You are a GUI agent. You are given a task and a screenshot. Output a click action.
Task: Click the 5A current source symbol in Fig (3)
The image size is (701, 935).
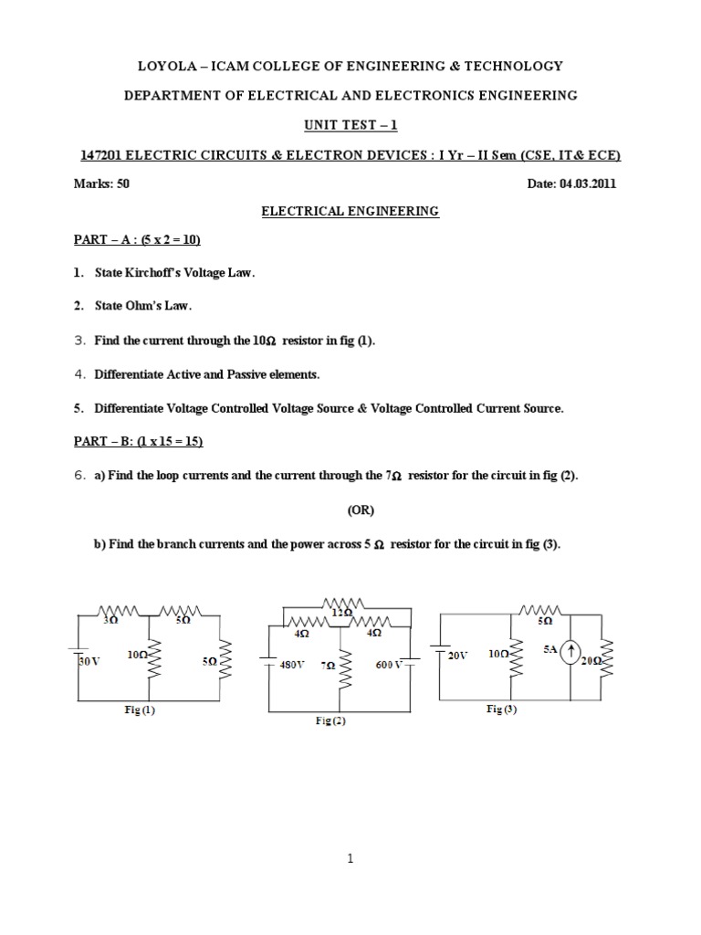(x=570, y=652)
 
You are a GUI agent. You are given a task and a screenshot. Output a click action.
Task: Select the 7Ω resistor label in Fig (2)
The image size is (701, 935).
(x=327, y=666)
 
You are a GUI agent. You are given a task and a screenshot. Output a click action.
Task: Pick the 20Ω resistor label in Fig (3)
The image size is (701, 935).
(x=591, y=660)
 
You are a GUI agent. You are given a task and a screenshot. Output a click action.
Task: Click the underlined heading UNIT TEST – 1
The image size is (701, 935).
(x=350, y=124)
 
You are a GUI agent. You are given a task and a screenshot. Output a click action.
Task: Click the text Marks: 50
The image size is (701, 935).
(x=101, y=183)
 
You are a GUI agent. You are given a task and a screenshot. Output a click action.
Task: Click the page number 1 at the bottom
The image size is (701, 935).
(x=350, y=859)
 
